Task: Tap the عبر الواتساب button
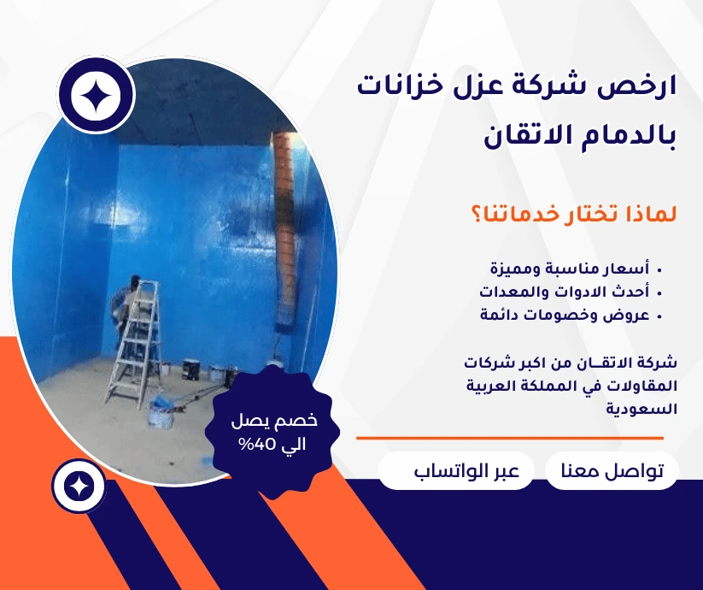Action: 455,471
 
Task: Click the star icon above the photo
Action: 97,97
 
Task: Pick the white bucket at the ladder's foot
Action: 161,414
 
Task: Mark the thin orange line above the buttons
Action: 509,438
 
